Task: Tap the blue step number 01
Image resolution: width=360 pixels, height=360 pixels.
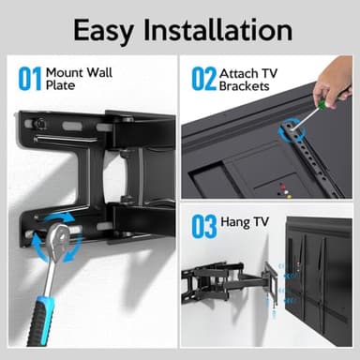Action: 29,78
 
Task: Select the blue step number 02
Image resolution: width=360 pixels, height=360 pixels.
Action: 203,78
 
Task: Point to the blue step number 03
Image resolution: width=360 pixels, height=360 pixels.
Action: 203,227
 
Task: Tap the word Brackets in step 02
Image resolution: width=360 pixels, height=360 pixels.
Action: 246,85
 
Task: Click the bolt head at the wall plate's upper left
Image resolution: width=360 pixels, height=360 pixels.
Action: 40,123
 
